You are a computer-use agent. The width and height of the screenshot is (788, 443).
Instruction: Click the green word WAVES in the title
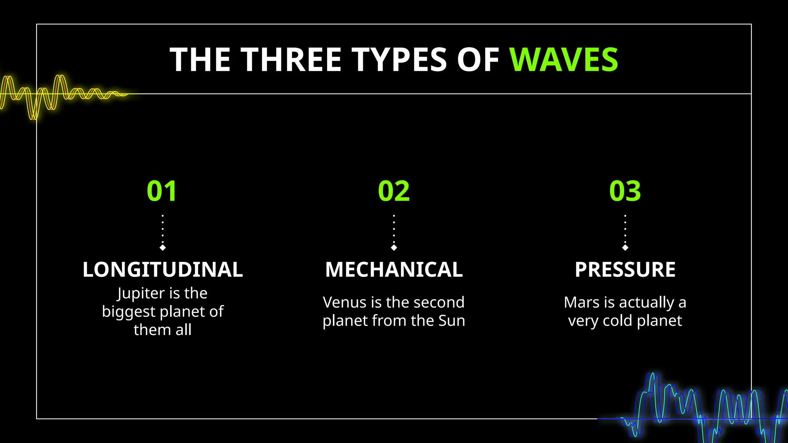tap(564, 60)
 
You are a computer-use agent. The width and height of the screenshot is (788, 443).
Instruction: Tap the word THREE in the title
tap(291, 60)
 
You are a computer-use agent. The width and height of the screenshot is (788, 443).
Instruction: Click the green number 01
tap(162, 191)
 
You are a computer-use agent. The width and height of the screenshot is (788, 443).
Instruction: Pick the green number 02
tap(394, 191)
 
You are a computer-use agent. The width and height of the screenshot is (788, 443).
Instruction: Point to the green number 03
tap(625, 191)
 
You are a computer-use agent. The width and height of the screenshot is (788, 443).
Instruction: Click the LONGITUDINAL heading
tap(162, 270)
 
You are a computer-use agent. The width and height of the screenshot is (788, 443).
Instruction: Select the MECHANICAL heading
tap(394, 270)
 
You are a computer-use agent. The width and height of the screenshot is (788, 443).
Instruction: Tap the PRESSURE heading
tap(625, 270)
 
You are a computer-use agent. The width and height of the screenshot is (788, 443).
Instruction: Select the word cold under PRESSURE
tap(618, 321)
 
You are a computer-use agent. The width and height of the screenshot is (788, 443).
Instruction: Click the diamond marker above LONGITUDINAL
tap(163, 248)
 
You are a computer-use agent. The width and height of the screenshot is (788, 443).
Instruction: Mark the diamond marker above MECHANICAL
tap(394, 248)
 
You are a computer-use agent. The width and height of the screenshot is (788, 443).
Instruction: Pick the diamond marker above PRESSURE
tap(625, 248)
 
